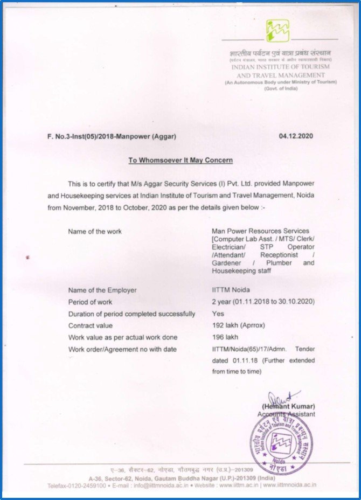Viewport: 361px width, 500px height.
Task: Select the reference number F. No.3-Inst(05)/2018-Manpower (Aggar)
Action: pyautogui.click(x=112, y=136)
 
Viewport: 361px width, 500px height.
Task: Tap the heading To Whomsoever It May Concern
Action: pyautogui.click(x=180, y=160)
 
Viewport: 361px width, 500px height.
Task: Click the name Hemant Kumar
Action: pyautogui.click(x=288, y=406)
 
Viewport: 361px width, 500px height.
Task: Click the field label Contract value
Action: pyautogui.click(x=90, y=325)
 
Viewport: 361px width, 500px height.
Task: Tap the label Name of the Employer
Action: pyautogui.click(x=102, y=290)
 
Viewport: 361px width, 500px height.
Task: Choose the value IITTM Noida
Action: pyautogui.click(x=231, y=290)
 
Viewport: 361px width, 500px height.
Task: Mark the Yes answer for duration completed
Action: pyautogui.click(x=218, y=314)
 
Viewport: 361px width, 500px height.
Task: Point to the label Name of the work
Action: pyautogui.click(x=95, y=231)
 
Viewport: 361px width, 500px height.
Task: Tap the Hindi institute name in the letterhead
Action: pyautogui.click(x=281, y=53)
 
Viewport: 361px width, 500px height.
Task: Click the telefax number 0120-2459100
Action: pyautogui.click(x=87, y=485)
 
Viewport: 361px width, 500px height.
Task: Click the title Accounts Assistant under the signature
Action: pyautogui.click(x=287, y=414)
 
